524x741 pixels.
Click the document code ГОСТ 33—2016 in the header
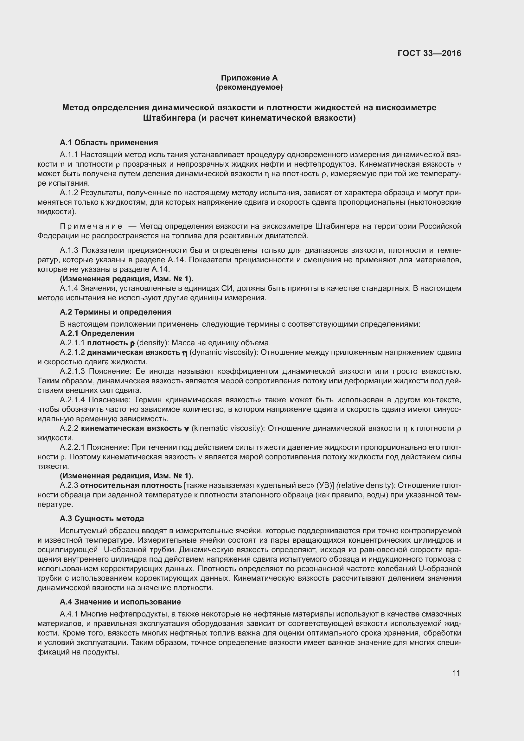429,53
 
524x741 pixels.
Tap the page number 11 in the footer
456,673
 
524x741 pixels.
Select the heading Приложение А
249,78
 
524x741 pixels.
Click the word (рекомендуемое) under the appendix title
249,87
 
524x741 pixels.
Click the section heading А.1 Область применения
109,142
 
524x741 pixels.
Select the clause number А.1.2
69,193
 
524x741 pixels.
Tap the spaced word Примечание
91,226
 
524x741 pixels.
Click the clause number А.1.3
69,251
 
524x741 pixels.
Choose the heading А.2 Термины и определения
116,312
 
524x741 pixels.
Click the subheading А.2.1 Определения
97,333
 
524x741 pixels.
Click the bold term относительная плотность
131,486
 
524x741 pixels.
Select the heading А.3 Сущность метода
102,519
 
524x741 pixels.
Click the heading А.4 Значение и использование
120,602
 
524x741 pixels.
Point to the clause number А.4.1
69,614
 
